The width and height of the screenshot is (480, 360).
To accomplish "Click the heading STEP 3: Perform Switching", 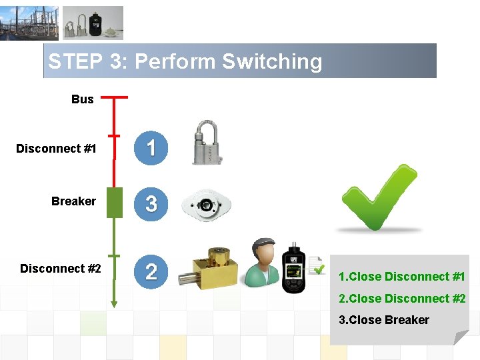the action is point(185,61).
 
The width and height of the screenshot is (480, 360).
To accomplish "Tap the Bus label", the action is point(83,99).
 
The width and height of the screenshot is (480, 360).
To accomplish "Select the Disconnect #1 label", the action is point(57,149).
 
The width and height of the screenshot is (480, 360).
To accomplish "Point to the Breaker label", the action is point(73,201).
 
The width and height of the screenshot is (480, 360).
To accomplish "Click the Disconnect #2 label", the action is point(61,269).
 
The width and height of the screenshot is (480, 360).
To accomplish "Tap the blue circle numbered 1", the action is point(151,148).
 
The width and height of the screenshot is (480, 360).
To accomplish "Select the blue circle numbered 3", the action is point(151,203).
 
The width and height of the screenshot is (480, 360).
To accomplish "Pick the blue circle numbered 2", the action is point(151,271).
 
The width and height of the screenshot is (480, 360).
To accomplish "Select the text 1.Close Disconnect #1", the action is point(401,277).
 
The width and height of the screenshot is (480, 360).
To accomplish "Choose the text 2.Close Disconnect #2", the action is point(401,299).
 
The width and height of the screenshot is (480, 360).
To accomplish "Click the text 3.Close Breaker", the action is point(383,320).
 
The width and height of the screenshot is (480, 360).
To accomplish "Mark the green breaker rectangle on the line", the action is point(115,203).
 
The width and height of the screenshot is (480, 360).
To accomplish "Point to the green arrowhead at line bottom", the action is point(114,304).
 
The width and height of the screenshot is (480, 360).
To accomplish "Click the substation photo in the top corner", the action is point(29,23).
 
